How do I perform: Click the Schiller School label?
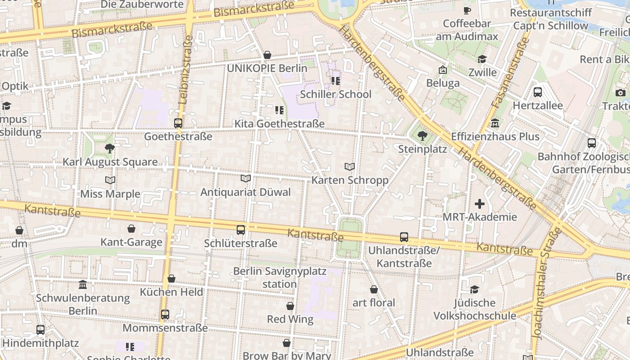pos(335,94)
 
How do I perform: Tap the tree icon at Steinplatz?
pos(422,135)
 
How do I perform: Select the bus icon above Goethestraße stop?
pos(178,123)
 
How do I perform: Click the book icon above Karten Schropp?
pos(350,167)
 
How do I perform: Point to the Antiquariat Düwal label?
pos(245,192)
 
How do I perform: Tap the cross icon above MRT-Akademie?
pos(480,204)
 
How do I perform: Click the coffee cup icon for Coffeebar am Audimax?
pos(467,10)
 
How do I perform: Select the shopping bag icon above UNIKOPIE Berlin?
pos(267,55)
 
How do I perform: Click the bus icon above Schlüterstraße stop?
pos(241,230)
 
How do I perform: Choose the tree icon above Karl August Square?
pos(109,148)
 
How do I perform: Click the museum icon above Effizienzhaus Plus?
pos(495,123)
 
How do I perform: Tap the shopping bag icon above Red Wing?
pos(290,306)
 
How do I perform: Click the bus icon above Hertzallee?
pos(537,92)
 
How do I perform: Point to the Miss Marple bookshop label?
pos(110,194)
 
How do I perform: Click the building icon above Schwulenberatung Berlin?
pos(83,284)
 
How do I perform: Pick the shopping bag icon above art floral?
pos(373,289)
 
